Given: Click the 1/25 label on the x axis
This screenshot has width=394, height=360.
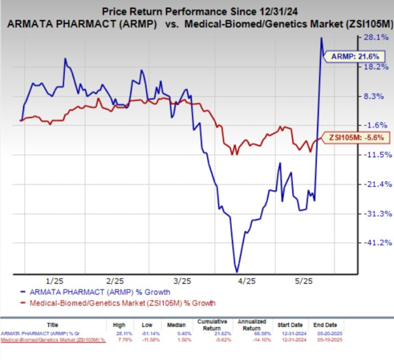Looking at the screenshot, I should point(55,280).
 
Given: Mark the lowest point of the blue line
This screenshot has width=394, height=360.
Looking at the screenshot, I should point(237,272).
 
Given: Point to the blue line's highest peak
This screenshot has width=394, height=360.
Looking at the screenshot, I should point(322,38).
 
